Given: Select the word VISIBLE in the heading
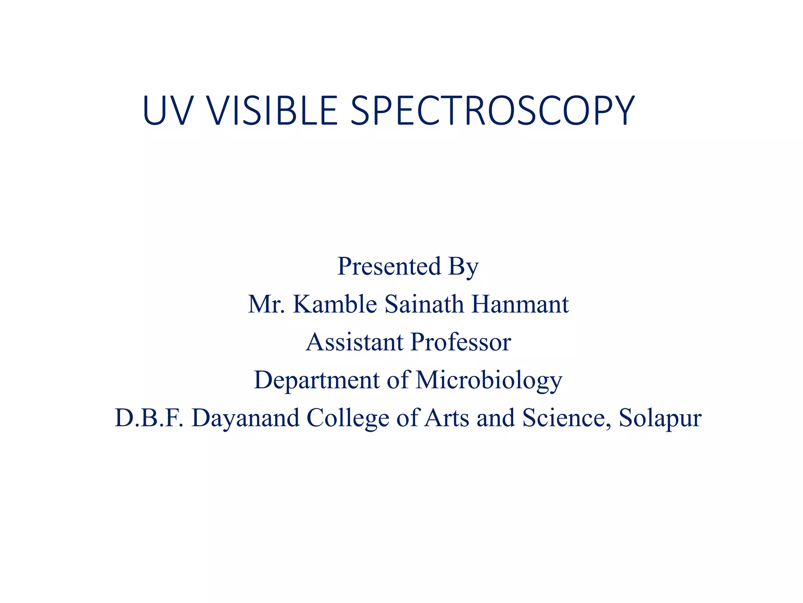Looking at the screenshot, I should tap(272, 111).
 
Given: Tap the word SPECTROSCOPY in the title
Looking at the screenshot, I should tap(492, 111).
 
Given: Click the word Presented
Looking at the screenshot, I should tap(389, 266).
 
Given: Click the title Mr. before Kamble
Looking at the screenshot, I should tap(267, 304).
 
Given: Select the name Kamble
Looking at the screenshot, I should tap(335, 304).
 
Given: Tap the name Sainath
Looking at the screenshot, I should tap(424, 304).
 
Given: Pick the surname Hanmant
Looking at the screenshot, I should tap(520, 304).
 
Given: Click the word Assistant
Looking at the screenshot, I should tap(354, 342).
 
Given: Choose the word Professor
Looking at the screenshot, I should tap(461, 342).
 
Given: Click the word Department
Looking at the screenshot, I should tap(317, 380).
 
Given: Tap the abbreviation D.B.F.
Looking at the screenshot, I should tap(149, 418).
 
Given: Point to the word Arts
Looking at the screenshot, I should tap(447, 418).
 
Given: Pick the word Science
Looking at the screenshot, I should tap(567, 418).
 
